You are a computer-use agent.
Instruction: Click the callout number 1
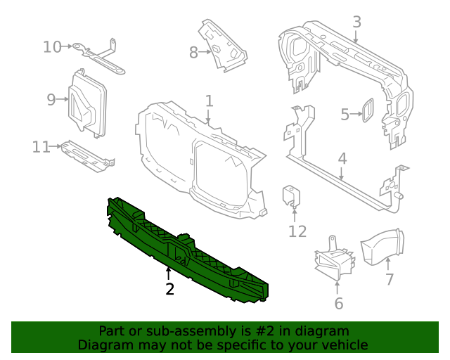[209, 101]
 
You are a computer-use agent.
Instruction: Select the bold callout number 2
[169, 288]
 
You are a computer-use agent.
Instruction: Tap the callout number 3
[356, 22]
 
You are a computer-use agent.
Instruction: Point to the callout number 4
[342, 159]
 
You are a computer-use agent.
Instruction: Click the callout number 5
[345, 114]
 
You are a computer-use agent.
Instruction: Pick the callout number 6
[338, 304]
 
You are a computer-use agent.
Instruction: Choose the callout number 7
[389, 279]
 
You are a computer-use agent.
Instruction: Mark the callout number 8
[193, 52]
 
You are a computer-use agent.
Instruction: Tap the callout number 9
[51, 99]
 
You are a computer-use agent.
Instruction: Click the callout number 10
[52, 47]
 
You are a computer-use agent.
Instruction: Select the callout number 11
[41, 146]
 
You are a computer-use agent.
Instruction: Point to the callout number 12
[297, 231]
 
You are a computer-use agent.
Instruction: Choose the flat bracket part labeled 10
[98, 57]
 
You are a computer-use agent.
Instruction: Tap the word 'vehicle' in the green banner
[345, 345]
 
